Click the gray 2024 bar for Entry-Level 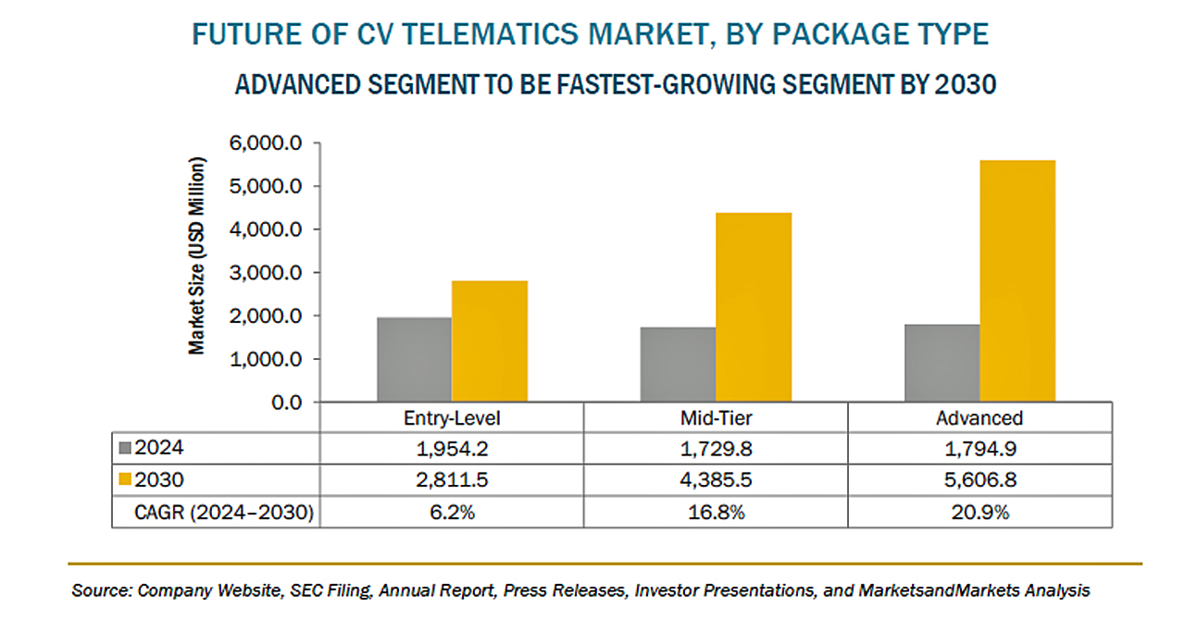414,360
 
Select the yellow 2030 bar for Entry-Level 490,341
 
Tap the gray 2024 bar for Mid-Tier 678,365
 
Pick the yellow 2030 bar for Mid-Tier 754,307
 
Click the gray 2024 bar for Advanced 942,363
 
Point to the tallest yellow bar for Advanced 1017,281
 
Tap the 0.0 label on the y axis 287,402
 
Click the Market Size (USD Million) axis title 197,255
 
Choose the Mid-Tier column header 715,418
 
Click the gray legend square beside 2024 125,449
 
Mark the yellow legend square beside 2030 125,479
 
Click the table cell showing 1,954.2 452,449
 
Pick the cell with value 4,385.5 715,479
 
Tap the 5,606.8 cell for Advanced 979,479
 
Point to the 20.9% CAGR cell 979,511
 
